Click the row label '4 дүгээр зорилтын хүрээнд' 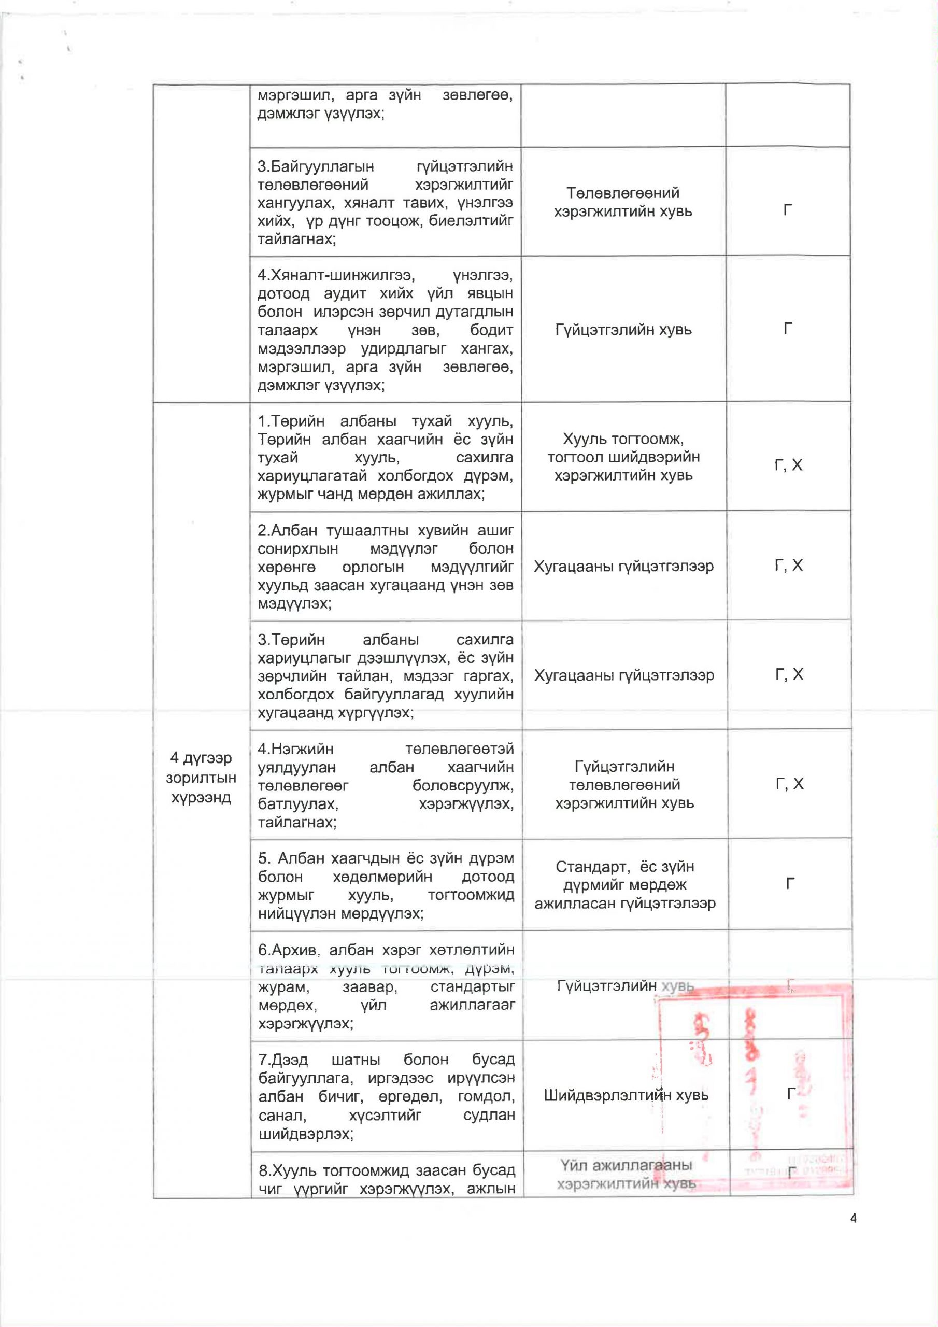pos(201,778)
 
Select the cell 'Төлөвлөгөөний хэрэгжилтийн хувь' pos(622,202)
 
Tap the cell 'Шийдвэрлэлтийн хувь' pos(626,1095)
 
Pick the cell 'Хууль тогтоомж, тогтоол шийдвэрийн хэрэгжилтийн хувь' pos(623,457)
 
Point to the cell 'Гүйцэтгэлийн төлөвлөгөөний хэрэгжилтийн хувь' pos(624,784)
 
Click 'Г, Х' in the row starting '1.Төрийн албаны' pos(788,465)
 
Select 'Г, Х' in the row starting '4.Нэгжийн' pos(789,784)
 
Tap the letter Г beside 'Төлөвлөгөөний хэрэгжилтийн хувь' pos(787,210)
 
